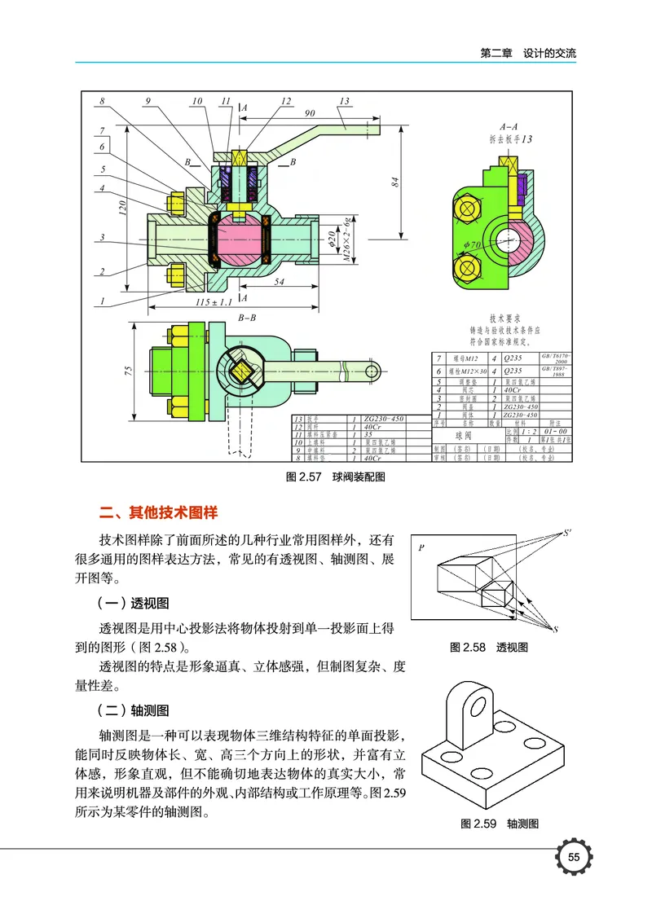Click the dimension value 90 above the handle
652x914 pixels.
310,112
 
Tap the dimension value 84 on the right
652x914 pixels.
394,183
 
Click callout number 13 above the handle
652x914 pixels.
344,101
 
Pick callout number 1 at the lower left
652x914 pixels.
102,301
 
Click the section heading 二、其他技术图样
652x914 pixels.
158,513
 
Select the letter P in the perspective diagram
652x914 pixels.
421,548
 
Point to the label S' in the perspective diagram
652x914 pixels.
568,534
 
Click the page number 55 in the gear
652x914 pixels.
574,858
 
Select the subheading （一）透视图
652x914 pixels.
133,604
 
